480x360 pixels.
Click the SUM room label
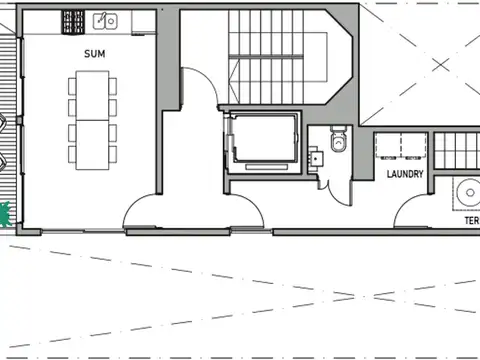click(x=95, y=54)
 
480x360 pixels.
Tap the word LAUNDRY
click(x=405, y=174)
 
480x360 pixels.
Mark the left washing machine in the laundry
click(x=387, y=147)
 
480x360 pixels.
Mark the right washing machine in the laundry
click(x=413, y=147)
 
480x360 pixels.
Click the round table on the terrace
click(x=468, y=192)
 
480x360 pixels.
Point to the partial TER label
click(x=471, y=220)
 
